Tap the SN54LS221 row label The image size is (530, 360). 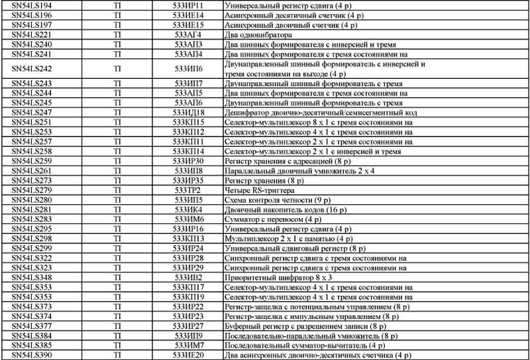pyautogui.click(x=31, y=34)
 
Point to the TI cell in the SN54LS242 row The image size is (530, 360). pyautogui.click(x=117, y=68)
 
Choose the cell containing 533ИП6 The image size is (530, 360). pyautogui.click(x=189, y=68)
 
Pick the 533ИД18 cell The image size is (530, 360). pyautogui.click(x=189, y=112)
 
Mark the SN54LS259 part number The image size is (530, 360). pyautogui.click(x=31, y=161)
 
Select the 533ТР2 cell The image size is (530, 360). pyautogui.click(x=189, y=190)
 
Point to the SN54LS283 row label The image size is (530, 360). pyautogui.click(x=31, y=219)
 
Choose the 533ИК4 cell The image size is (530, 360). pyautogui.click(x=189, y=210)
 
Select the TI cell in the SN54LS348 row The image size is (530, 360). pyautogui.click(x=117, y=277)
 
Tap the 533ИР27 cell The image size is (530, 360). pyautogui.click(x=189, y=326)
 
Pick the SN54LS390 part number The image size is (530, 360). pyautogui.click(x=31, y=355)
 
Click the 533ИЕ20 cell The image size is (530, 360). pyautogui.click(x=189, y=355)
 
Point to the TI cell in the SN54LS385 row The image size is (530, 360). pyautogui.click(x=117, y=345)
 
